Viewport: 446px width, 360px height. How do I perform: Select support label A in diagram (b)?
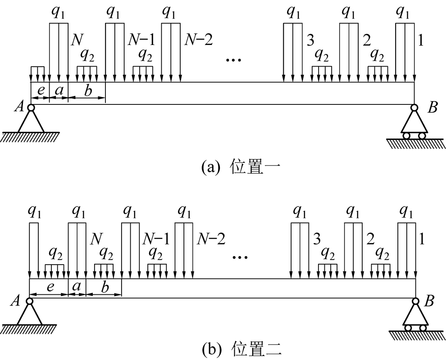[19, 302]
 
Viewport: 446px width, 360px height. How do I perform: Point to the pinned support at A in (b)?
[30, 315]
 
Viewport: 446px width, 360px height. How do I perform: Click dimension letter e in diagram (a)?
[40, 90]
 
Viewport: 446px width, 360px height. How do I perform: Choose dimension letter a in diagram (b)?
[77, 287]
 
